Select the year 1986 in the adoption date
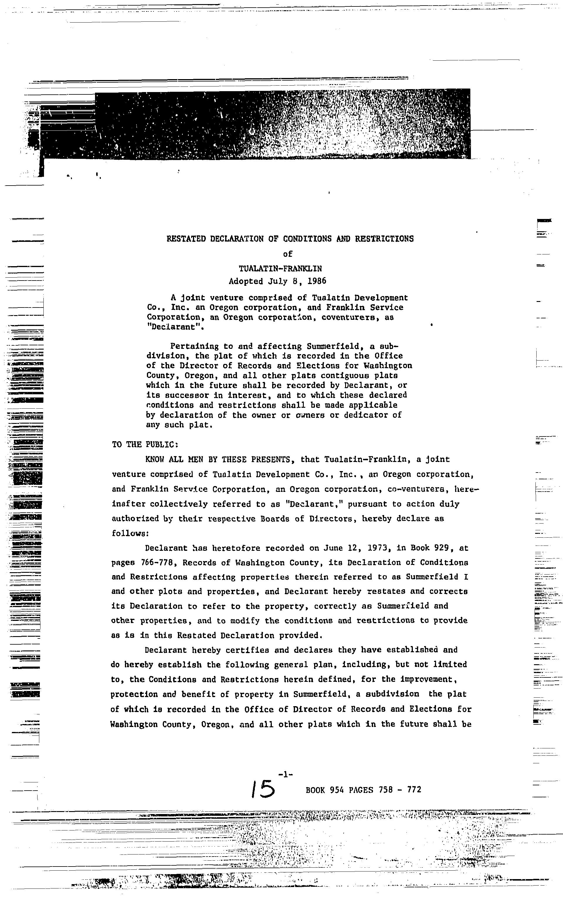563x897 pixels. pos(317,281)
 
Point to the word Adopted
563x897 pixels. pos(246,281)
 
